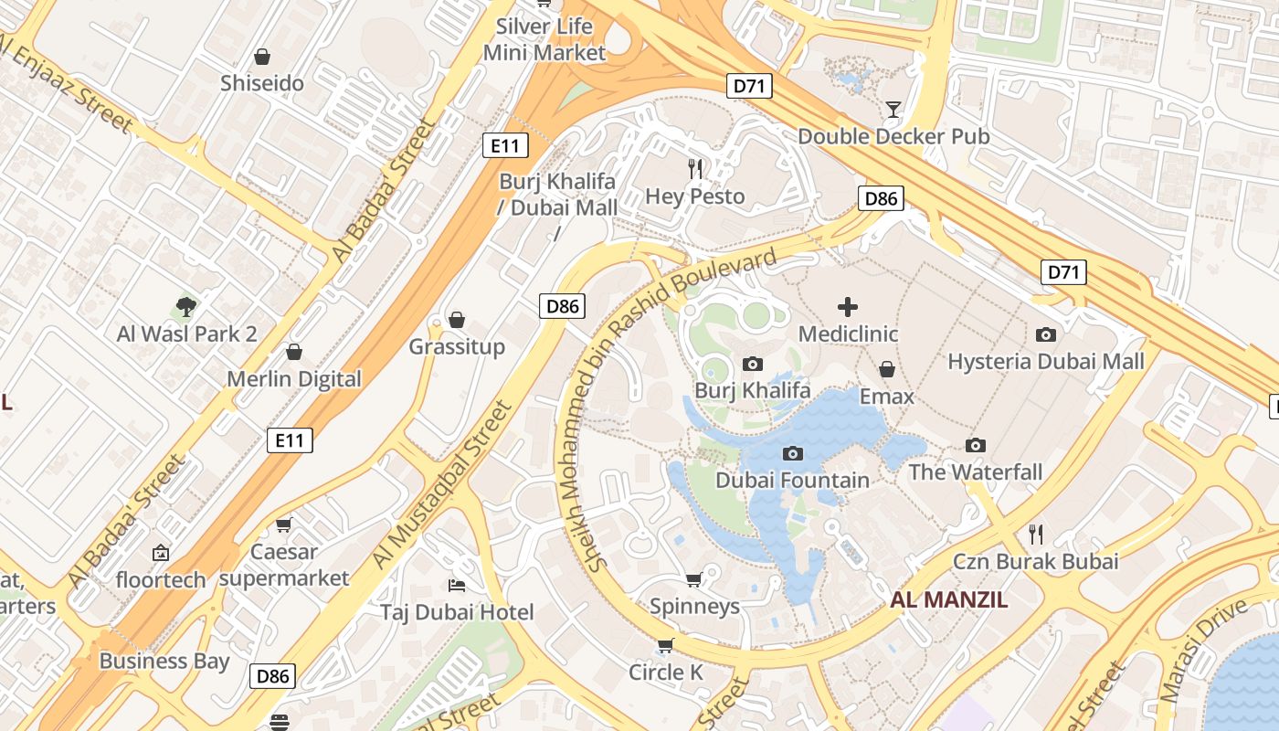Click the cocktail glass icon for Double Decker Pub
[x=893, y=110]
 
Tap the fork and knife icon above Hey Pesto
[x=695, y=169]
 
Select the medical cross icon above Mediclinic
[x=848, y=307]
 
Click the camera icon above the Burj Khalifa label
[x=752, y=365]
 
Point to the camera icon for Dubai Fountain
[x=792, y=453]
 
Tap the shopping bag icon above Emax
[x=886, y=369]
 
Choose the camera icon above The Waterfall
[x=976, y=446]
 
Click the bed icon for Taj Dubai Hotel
[x=457, y=585]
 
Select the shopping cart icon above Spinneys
[x=694, y=579]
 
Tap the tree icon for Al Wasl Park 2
[x=186, y=307]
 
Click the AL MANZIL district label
[x=949, y=600]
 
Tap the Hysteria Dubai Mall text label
[x=1045, y=362]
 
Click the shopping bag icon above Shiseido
[x=262, y=57]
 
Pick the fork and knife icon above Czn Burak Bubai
[x=1035, y=534]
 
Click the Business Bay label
[x=164, y=661]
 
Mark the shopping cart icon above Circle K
[x=666, y=646]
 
